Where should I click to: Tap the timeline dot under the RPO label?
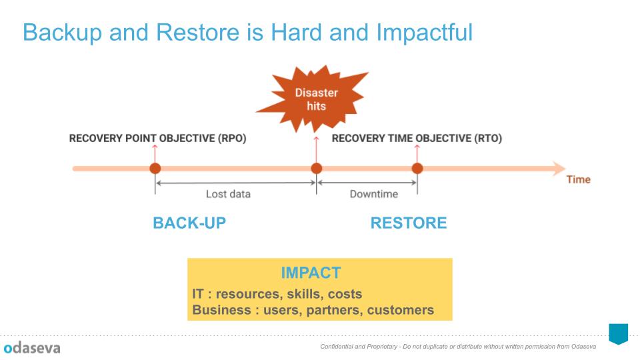click(155, 168)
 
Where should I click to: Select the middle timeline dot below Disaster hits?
click(316, 168)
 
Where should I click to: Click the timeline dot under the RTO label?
click(417, 168)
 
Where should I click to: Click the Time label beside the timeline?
click(579, 179)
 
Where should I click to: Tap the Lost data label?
click(228, 194)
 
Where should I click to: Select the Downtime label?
click(374, 194)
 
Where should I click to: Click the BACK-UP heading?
click(189, 223)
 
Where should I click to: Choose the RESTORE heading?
click(409, 223)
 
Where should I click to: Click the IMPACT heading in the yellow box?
click(311, 273)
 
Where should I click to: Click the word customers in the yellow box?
click(401, 310)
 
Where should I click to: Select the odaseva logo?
click(32, 348)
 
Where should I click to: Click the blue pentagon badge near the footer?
click(619, 334)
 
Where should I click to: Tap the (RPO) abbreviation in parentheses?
click(232, 139)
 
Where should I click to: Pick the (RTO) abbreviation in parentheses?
click(488, 139)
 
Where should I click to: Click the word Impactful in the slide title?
click(425, 33)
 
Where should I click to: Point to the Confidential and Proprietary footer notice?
click(458, 347)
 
